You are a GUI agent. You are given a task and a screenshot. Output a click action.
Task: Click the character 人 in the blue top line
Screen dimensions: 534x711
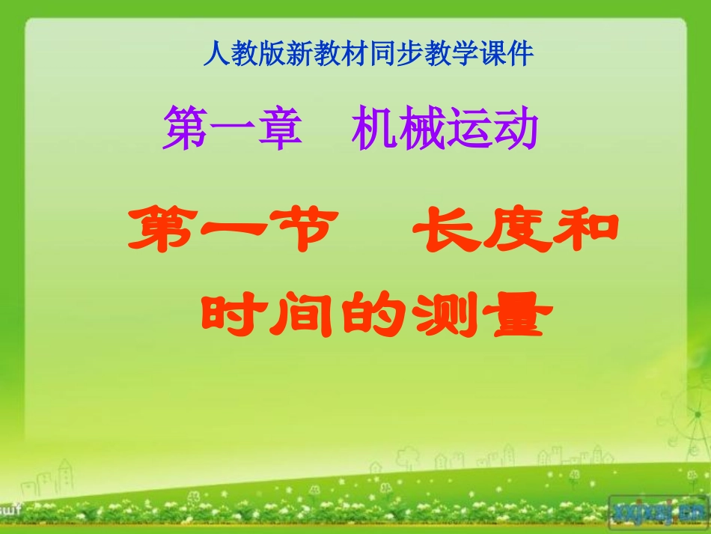(215, 54)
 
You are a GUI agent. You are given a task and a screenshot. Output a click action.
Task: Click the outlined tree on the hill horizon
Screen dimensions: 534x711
(409, 458)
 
